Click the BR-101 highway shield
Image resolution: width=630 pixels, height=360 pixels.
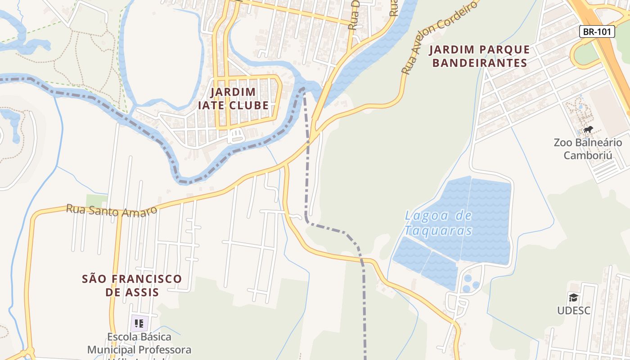click(x=597, y=31)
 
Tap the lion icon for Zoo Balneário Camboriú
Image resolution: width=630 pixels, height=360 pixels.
click(x=588, y=130)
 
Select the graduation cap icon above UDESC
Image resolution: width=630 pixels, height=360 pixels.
click(x=573, y=297)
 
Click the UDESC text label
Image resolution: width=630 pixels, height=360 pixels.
click(x=574, y=310)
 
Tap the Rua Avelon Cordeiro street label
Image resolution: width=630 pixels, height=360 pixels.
click(x=438, y=38)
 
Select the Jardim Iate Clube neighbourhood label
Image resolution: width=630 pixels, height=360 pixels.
click(x=233, y=99)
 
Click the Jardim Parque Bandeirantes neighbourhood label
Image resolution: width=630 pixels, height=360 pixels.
click(x=479, y=56)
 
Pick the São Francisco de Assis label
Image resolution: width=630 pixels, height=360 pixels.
click(x=132, y=285)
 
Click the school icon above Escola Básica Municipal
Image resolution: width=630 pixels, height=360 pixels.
click(x=139, y=323)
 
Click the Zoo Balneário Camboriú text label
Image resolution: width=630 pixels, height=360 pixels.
click(x=588, y=149)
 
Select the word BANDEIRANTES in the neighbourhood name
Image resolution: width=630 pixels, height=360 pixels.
click(x=479, y=63)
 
